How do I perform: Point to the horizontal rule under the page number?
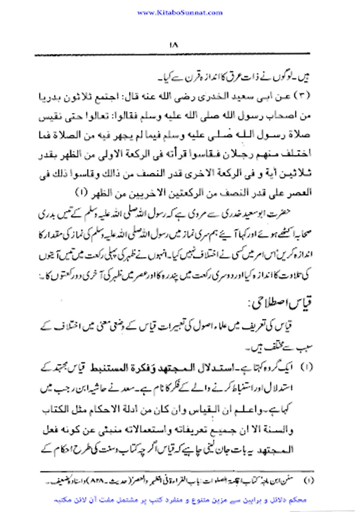pos(180,55)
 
